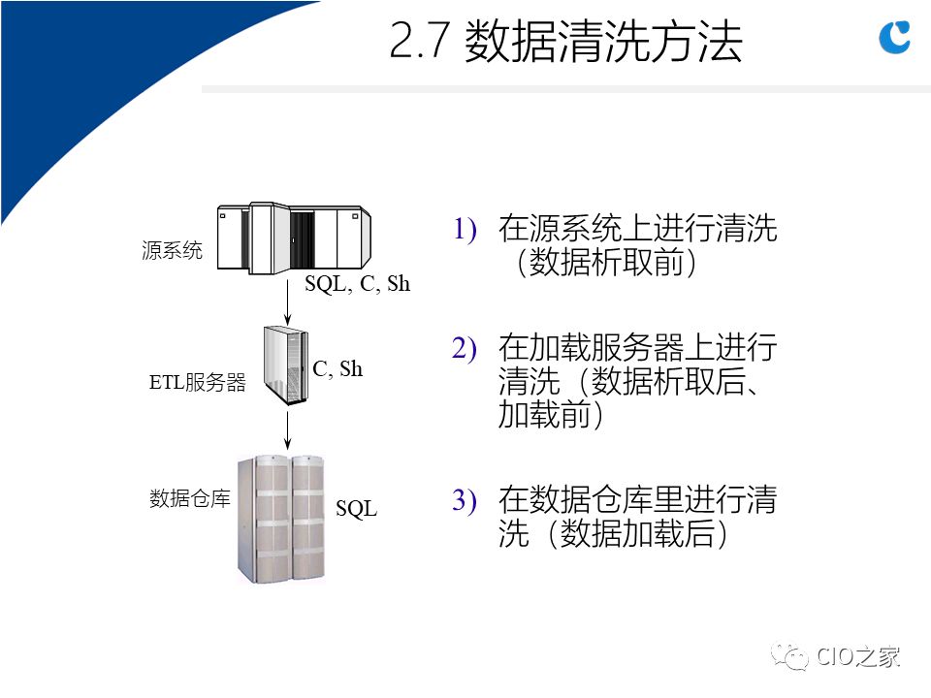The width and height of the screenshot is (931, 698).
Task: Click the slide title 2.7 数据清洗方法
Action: coord(565,41)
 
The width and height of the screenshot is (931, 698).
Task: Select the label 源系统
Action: coord(172,250)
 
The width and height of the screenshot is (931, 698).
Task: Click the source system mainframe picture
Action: coord(294,238)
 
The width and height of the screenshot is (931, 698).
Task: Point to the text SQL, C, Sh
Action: coord(358,284)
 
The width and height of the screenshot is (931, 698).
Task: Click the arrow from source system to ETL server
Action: coord(287,301)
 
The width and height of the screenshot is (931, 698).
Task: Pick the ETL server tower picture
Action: coord(286,365)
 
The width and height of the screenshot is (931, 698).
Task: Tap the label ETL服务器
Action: coord(197,382)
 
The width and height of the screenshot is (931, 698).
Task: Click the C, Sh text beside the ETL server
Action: coord(337,369)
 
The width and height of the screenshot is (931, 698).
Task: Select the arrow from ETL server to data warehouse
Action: coord(287,429)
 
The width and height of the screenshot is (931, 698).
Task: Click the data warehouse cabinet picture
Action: coord(281,520)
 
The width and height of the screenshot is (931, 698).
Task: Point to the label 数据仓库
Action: coord(190,498)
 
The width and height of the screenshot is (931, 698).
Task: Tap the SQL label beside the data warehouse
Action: coord(356,509)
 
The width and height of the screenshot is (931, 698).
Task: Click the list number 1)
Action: coord(465,230)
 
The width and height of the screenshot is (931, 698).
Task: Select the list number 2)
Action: coord(465,348)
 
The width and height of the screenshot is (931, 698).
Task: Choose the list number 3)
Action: coord(465,500)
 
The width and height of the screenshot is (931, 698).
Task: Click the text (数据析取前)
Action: coord(606,263)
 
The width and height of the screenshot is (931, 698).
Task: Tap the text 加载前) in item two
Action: coord(551,414)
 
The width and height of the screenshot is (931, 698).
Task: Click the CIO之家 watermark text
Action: coord(858,657)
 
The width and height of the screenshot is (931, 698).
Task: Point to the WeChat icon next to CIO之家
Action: coord(789,657)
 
